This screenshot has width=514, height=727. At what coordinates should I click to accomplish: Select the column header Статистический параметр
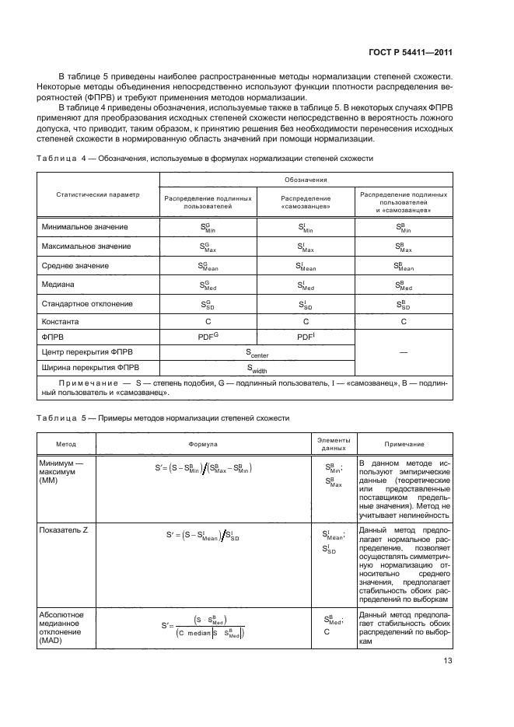pyautogui.click(x=97, y=194)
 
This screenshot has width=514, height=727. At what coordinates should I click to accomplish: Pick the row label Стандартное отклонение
pyautogui.click(x=86, y=303)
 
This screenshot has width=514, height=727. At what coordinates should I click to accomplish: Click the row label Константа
pyautogui.click(x=59, y=320)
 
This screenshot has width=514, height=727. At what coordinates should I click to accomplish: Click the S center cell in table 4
pyautogui.click(x=257, y=352)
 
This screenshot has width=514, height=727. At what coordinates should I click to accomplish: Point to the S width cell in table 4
pyautogui.click(x=257, y=369)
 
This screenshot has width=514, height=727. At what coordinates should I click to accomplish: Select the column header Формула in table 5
pyautogui.click(x=203, y=443)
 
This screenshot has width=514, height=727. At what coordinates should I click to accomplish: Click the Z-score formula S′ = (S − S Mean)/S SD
pyautogui.click(x=203, y=535)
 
